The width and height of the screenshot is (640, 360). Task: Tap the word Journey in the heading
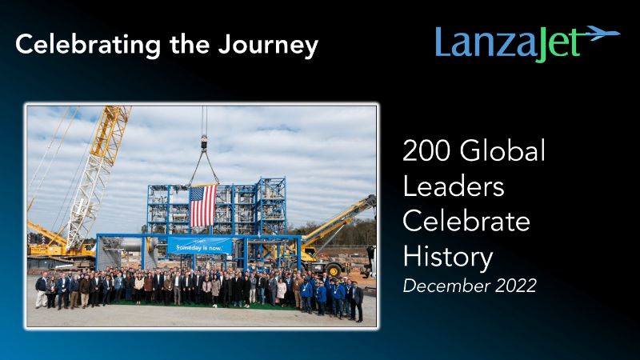pyautogui.click(x=268, y=46)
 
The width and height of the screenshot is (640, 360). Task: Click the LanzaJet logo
pyautogui.click(x=528, y=43)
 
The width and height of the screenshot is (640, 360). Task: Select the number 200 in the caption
pyautogui.click(x=426, y=150)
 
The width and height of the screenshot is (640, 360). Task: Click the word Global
pyautogui.click(x=502, y=150)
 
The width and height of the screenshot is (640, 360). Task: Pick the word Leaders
pyautogui.click(x=454, y=186)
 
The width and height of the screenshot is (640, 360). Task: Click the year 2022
pyautogui.click(x=515, y=286)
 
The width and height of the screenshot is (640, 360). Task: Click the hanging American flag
pyautogui.click(x=203, y=206)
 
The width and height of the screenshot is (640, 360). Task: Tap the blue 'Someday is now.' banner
pyautogui.click(x=199, y=246)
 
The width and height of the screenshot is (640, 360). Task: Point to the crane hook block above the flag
pyautogui.click(x=204, y=143)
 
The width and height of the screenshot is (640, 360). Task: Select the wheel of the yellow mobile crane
pyautogui.click(x=334, y=270)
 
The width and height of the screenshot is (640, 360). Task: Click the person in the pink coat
pyautogui.click(x=282, y=292)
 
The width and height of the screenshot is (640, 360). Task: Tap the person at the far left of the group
pyautogui.click(x=42, y=290)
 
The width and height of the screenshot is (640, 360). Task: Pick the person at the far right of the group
pyautogui.click(x=358, y=302)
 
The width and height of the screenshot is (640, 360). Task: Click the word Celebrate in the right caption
pyautogui.click(x=466, y=222)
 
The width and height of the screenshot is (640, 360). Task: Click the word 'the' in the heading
pyautogui.click(x=190, y=44)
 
